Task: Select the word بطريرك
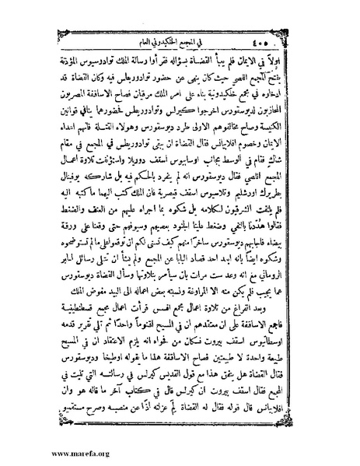pyautogui.click(x=283, y=198)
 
